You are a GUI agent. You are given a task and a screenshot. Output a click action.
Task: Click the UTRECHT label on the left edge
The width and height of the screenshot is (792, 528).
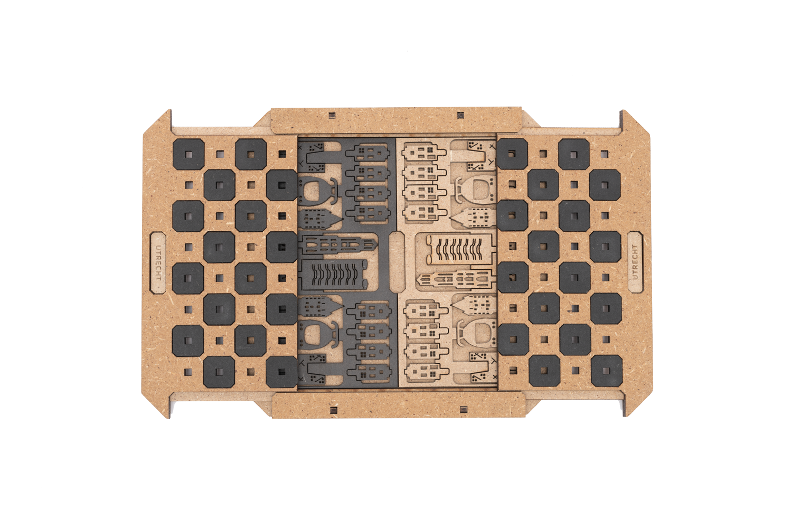point(158,262)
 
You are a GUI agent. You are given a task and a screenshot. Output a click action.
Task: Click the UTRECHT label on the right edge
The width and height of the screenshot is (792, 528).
point(635,262)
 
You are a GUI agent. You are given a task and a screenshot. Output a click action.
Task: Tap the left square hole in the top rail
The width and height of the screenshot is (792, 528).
point(332,116)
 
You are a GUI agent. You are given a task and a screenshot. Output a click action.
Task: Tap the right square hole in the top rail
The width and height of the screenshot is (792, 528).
point(460,115)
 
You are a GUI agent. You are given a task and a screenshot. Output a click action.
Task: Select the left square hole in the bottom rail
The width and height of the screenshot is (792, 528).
point(333,410)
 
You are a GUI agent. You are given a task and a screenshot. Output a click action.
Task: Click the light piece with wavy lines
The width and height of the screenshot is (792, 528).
point(460,250)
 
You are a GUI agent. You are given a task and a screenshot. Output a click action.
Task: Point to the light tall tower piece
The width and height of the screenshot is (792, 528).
point(457,280)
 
